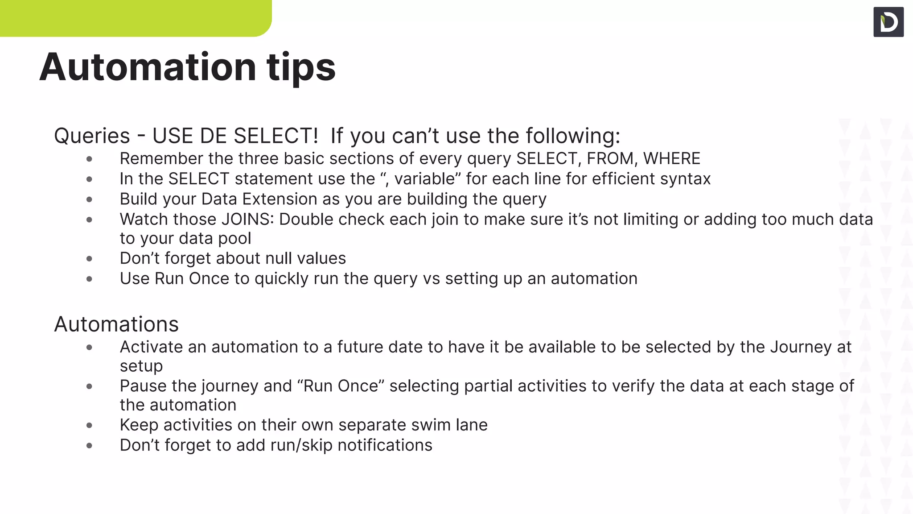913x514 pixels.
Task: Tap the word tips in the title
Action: pos(301,68)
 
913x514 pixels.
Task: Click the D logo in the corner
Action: pos(888,22)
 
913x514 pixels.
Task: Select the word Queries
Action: pos(92,136)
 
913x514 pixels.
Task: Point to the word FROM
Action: pos(610,158)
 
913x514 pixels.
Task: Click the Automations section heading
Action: pos(116,324)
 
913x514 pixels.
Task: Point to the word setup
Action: pos(141,366)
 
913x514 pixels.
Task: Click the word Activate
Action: pos(151,347)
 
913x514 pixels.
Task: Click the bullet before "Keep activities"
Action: pos(89,425)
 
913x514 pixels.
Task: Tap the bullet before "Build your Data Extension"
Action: pos(89,199)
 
